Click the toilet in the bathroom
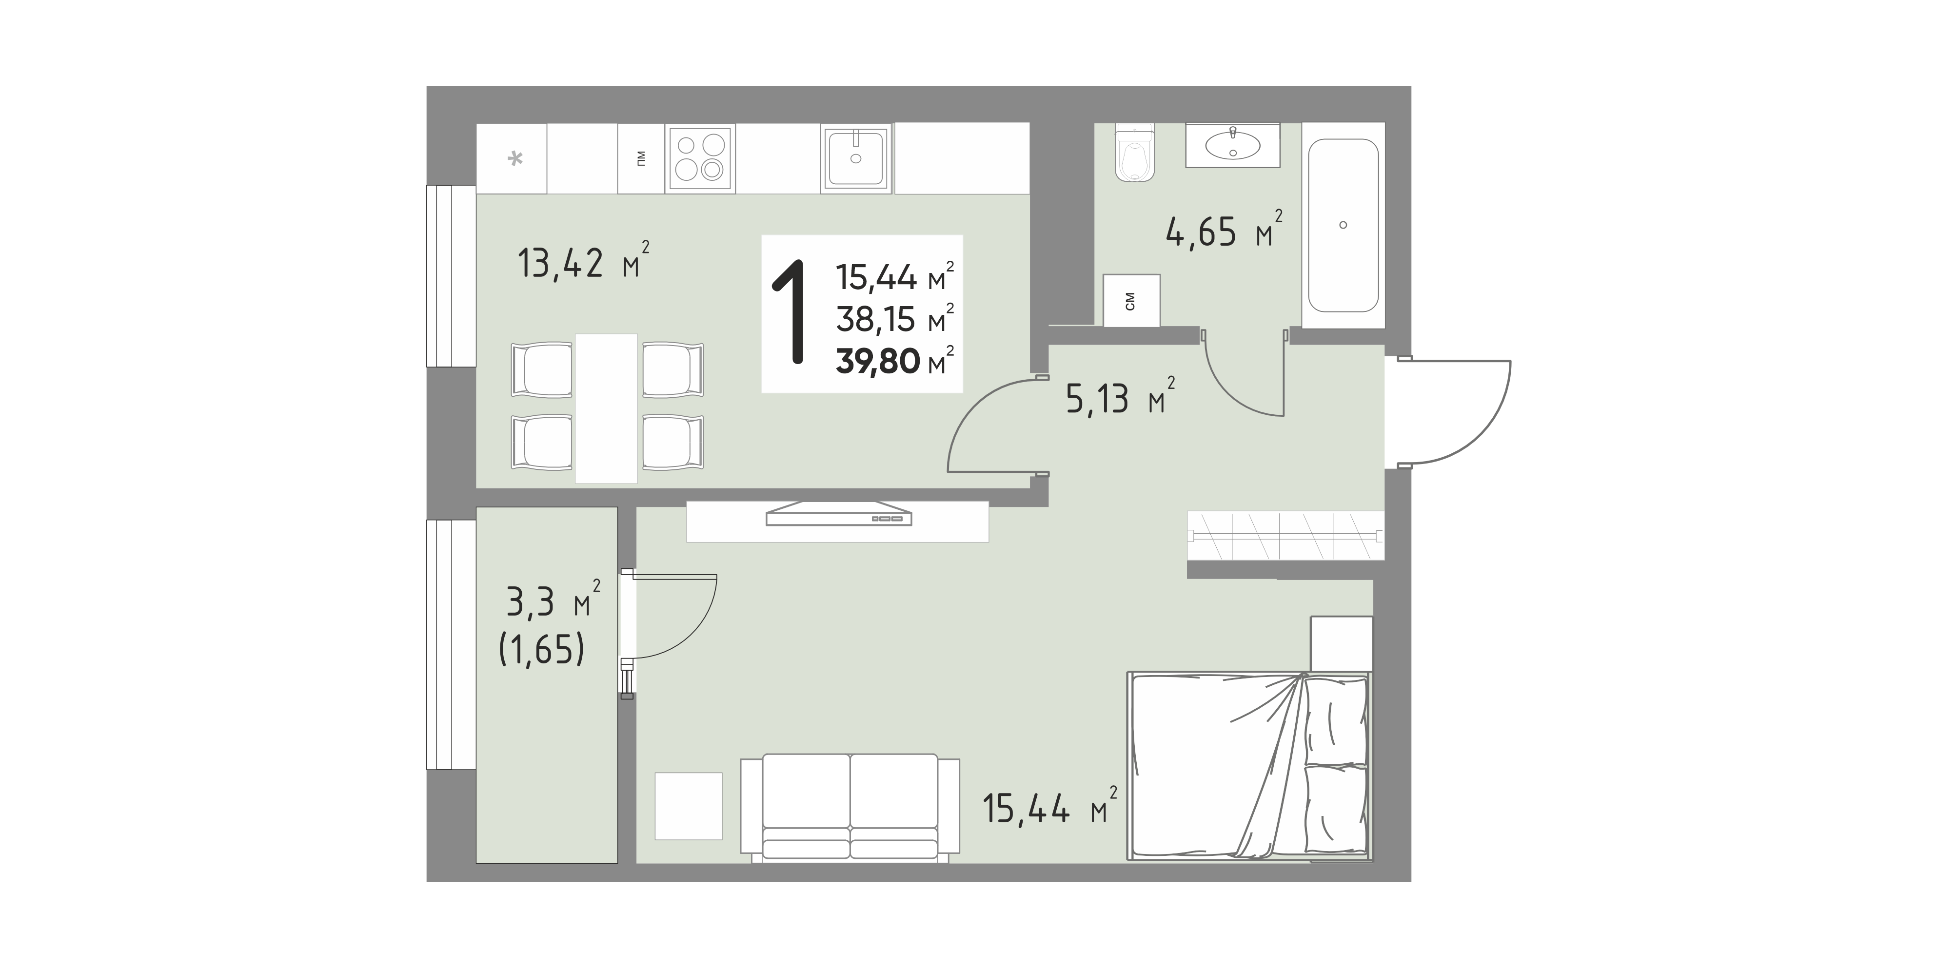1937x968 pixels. tap(1135, 154)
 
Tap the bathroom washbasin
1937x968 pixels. tap(1232, 145)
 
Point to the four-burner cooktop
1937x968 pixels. tap(700, 158)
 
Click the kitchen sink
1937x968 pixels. tap(856, 158)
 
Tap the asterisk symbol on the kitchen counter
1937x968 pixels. tap(515, 158)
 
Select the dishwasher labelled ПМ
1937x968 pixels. tap(641, 158)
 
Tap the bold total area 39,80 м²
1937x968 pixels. tap(895, 362)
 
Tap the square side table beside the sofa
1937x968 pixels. tap(688, 806)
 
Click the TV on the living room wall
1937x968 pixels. tap(838, 515)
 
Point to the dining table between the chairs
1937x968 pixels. tap(606, 408)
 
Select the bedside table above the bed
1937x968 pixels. tap(1342, 644)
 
